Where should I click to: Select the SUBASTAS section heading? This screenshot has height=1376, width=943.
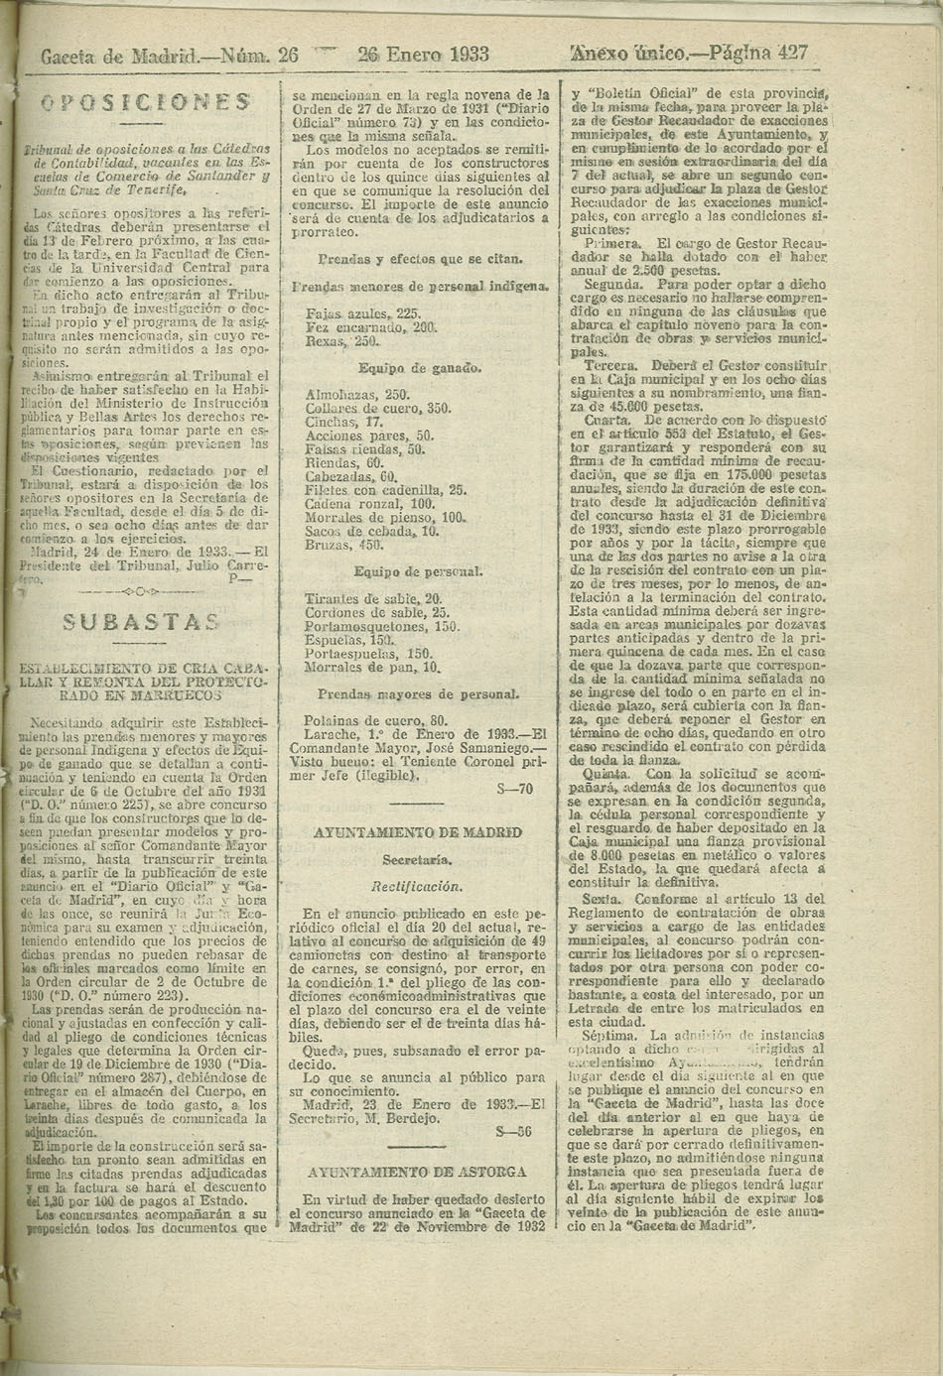(140, 623)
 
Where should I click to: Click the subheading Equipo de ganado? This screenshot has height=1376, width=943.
(419, 369)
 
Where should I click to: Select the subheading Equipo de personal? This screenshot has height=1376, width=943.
(419, 572)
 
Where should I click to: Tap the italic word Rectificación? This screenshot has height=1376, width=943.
(418, 882)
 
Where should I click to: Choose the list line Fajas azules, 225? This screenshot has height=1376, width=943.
(350, 313)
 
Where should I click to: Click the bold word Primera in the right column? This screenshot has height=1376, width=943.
(613, 242)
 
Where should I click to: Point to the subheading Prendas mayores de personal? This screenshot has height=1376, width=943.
(419, 694)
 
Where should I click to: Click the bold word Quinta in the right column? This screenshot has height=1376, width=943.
(607, 771)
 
